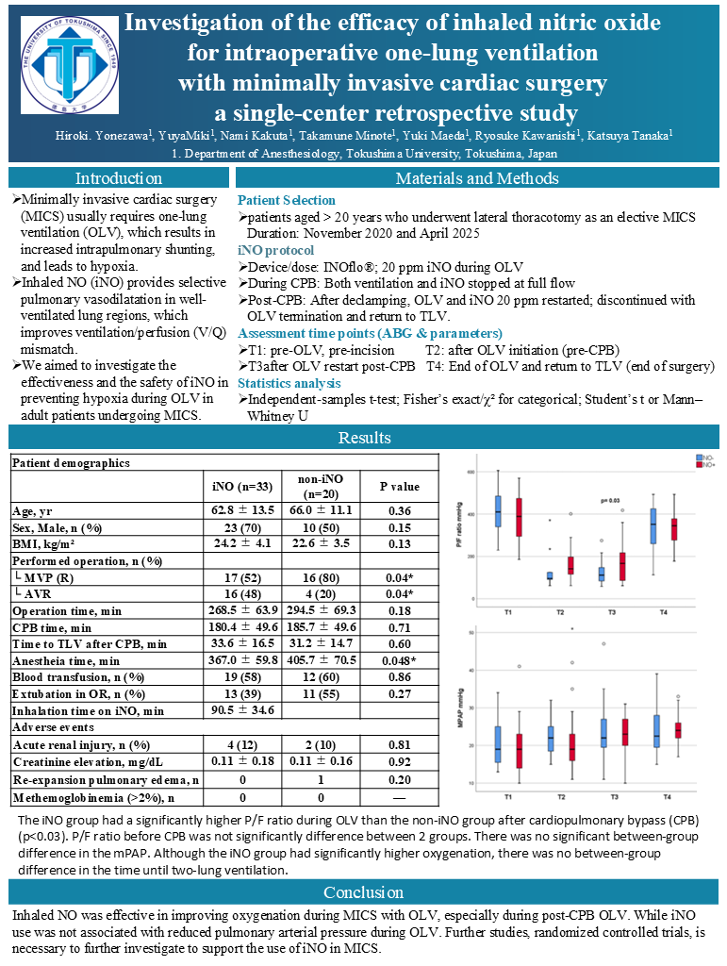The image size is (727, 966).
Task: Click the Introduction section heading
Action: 119,178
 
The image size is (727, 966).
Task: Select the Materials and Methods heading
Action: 477,178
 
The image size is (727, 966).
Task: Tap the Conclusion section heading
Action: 363,892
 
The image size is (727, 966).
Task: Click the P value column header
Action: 400,487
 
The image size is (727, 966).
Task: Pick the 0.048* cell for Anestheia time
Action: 400,661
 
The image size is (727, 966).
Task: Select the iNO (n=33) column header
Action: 243,487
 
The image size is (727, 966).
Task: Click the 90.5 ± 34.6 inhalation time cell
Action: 243,710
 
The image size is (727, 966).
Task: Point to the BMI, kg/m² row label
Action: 45,543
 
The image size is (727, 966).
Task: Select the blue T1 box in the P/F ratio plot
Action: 498,510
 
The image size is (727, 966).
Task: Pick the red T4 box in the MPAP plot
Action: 676,730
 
